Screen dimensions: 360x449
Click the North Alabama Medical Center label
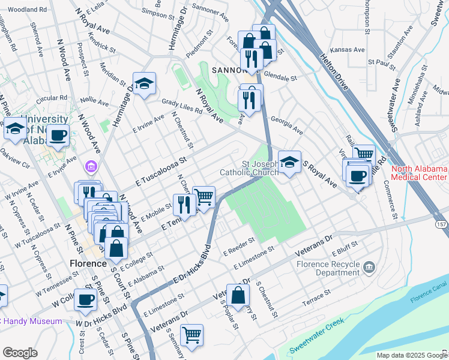tap(419, 173)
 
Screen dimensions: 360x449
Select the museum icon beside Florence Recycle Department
tap(369, 266)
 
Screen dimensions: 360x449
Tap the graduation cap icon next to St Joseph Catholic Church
tap(289, 162)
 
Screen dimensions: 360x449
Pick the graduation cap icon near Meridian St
tap(144, 85)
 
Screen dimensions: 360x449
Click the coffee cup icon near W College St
tap(85, 299)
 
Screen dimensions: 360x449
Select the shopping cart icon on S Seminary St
tap(191, 334)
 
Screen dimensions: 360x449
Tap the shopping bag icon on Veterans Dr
tap(238, 295)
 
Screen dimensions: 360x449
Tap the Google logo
tap(20, 353)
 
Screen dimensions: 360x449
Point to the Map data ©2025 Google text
tap(411, 355)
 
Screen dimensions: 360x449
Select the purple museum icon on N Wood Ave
tap(91, 166)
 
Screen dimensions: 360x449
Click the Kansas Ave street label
tap(351, 50)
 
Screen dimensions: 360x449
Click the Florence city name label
tap(87, 263)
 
